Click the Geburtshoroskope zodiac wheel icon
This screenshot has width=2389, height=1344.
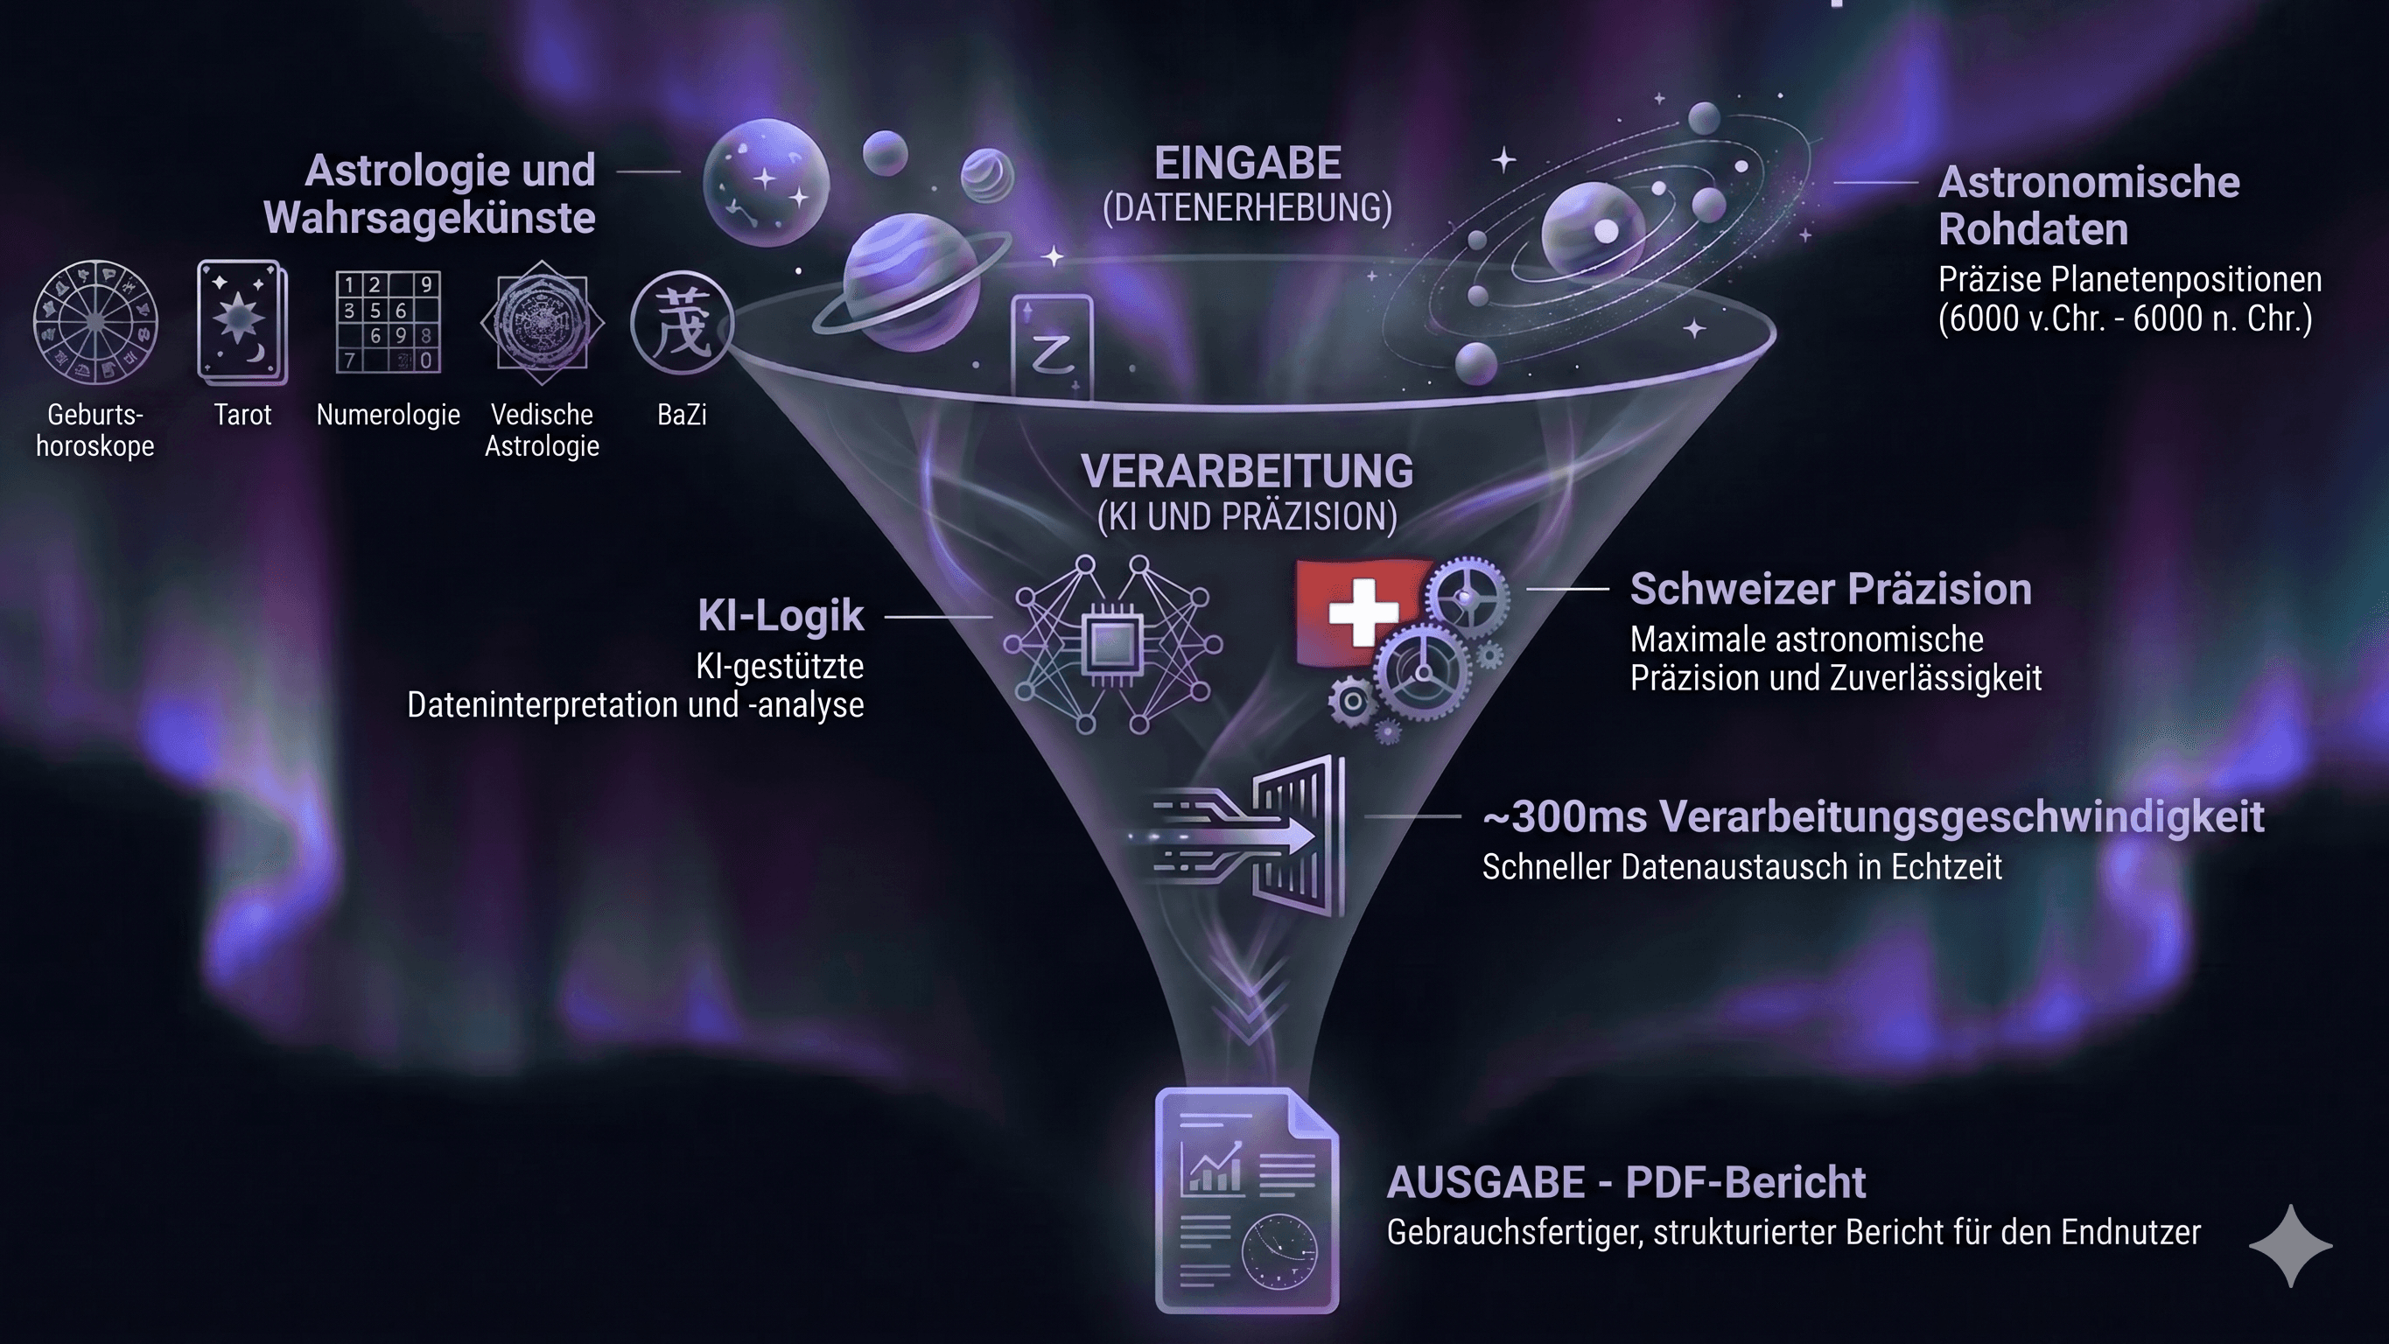click(x=95, y=322)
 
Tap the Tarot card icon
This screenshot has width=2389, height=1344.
click(x=242, y=322)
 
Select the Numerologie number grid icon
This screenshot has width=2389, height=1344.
click(x=388, y=322)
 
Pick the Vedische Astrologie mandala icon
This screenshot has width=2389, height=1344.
click(x=543, y=322)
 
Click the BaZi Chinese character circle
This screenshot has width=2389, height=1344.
click(x=683, y=323)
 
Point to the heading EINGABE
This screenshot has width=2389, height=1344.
click(x=1247, y=164)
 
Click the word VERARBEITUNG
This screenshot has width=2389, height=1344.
click(x=1247, y=472)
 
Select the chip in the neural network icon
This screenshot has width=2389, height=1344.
click(x=1110, y=644)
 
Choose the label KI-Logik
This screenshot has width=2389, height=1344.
click(x=781, y=616)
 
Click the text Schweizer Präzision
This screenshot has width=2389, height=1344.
click(x=1831, y=590)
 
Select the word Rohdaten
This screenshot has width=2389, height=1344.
click(x=2033, y=230)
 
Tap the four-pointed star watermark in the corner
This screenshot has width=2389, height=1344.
click(x=2291, y=1246)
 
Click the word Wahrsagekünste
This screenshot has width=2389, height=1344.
click(x=430, y=219)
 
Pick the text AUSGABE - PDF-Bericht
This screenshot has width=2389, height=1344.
click(x=1626, y=1183)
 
